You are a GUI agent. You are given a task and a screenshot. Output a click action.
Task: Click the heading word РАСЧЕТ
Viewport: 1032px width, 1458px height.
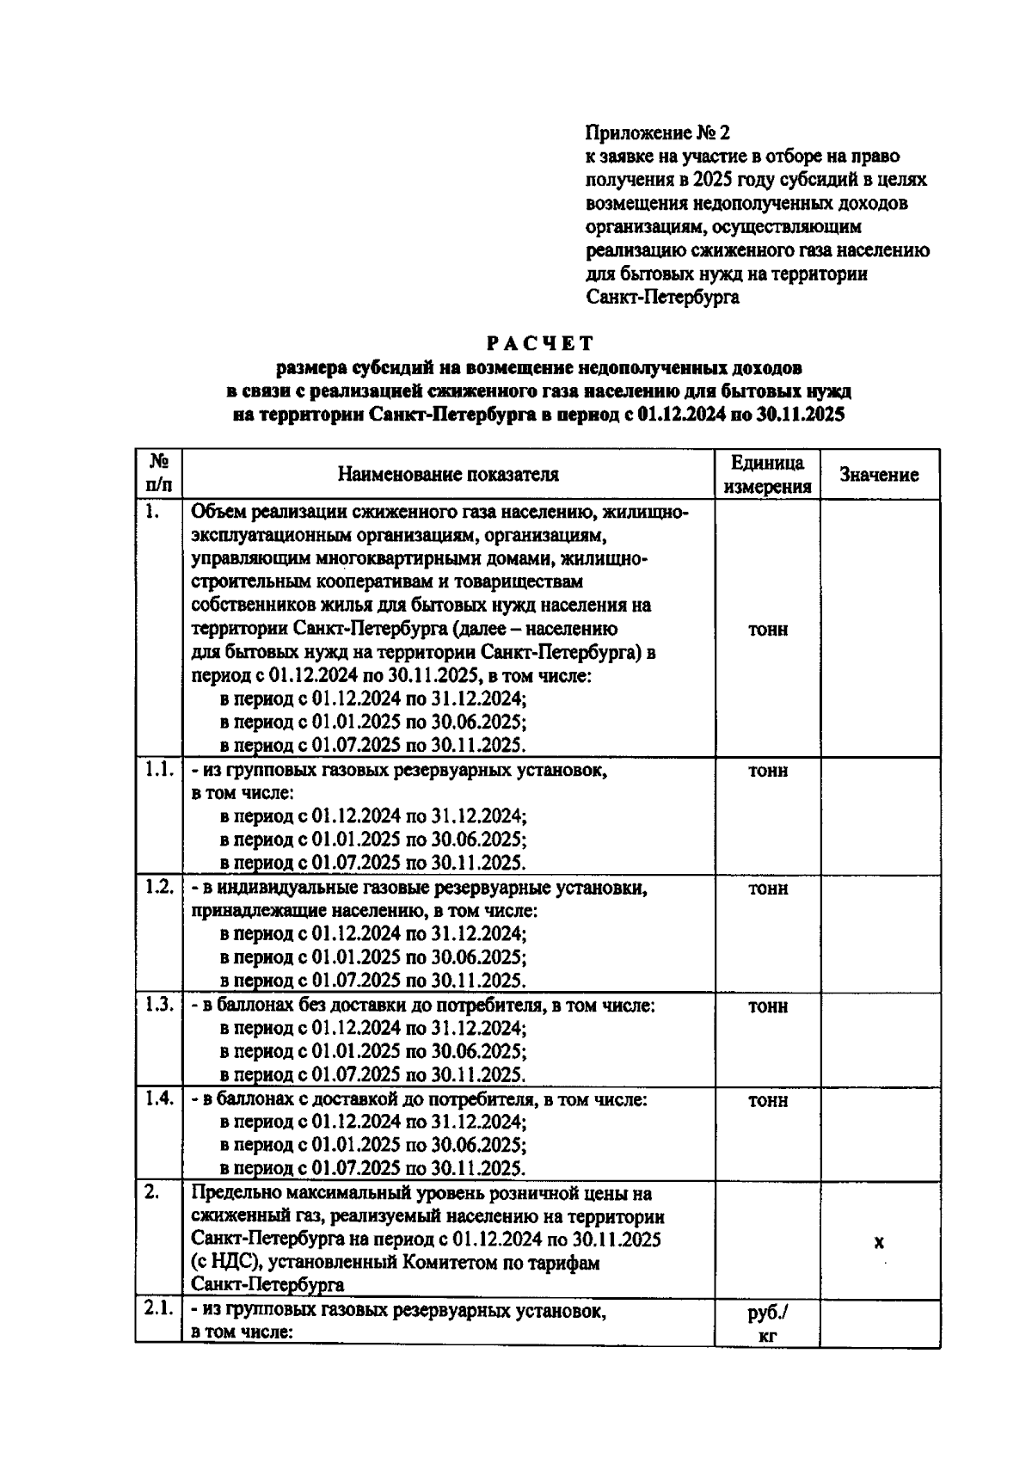click(x=539, y=343)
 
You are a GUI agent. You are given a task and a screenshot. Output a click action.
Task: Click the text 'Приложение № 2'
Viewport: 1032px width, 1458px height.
click(x=656, y=133)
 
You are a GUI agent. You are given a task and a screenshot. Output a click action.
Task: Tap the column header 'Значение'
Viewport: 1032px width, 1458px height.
click(x=878, y=475)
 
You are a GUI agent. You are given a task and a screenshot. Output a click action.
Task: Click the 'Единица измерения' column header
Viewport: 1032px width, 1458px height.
click(x=767, y=475)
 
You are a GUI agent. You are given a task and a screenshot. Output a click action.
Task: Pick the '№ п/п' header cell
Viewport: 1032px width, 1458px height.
click(x=158, y=475)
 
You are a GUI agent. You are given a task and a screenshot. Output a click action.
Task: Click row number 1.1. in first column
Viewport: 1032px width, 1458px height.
click(x=159, y=770)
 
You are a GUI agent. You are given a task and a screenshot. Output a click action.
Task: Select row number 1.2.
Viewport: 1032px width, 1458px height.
click(x=159, y=887)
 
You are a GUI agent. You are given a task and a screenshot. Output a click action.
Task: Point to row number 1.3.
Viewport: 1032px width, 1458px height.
click(x=159, y=1005)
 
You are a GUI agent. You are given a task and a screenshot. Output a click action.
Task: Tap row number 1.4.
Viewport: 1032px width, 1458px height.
click(x=159, y=1098)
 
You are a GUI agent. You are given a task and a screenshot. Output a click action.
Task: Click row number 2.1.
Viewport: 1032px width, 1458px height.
click(x=159, y=1309)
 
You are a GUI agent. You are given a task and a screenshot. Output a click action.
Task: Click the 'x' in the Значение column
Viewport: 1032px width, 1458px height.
click(x=878, y=1242)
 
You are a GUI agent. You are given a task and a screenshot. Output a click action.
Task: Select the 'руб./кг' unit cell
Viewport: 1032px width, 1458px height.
click(x=767, y=1325)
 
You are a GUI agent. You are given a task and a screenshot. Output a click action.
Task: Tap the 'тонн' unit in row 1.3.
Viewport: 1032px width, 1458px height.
click(x=767, y=1006)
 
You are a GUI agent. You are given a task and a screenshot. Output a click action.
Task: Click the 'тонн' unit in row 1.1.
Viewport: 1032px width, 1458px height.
click(x=767, y=772)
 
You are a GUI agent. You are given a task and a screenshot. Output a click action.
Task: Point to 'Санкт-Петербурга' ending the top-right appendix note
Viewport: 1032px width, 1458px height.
click(x=661, y=298)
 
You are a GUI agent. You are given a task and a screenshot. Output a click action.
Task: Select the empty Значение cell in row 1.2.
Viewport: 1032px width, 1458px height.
click(x=878, y=933)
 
